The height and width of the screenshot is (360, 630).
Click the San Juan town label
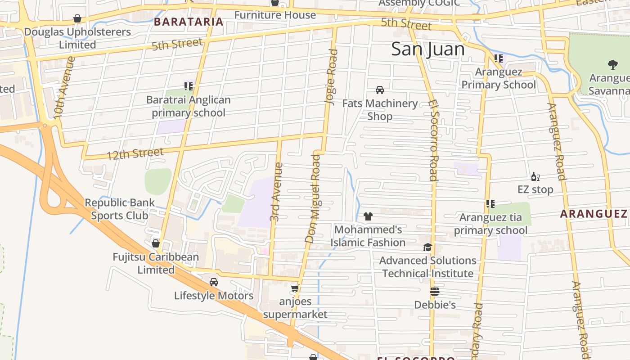(427, 49)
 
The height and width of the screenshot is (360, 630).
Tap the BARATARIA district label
(189, 22)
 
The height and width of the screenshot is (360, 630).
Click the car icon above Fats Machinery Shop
(380, 90)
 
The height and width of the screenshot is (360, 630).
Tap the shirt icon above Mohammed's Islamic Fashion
(368, 216)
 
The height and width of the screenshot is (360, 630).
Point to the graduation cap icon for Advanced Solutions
(427, 247)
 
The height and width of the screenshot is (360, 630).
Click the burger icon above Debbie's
(435, 292)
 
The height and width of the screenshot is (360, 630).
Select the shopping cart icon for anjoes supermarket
(295, 288)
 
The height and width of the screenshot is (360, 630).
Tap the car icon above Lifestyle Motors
(214, 282)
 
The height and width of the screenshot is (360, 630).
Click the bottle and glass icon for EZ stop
(535, 176)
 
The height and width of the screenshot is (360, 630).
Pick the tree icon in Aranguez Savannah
(612, 65)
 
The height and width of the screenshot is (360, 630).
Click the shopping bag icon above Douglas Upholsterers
(77, 18)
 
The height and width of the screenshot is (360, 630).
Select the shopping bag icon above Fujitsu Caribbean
(156, 243)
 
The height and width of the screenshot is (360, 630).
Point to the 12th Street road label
(135, 154)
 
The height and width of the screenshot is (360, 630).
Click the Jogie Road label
(331, 77)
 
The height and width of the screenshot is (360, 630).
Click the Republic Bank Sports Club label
(120, 209)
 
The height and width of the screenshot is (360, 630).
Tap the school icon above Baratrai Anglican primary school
(188, 86)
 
